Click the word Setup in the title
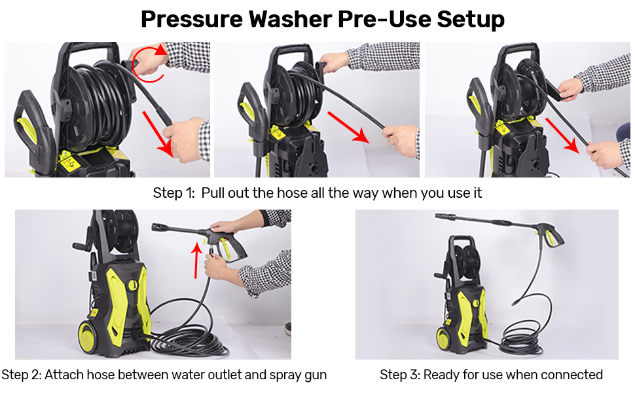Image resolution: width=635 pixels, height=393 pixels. pyautogui.click(x=467, y=19)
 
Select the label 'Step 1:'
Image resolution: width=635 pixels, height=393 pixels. pyautogui.click(x=173, y=193)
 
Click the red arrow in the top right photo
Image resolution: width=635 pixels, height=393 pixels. pyautogui.click(x=563, y=136)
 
